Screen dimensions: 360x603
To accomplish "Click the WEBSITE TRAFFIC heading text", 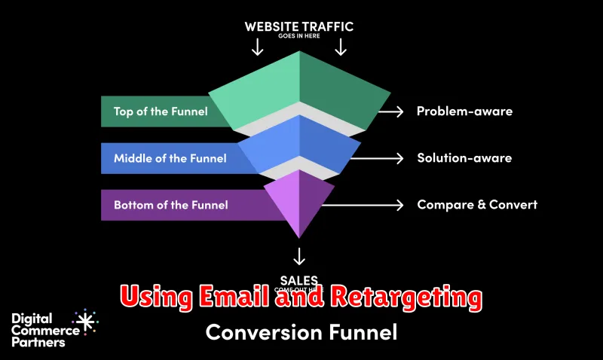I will click(x=299, y=26).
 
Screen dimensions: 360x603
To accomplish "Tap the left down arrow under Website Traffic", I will click(x=257, y=47).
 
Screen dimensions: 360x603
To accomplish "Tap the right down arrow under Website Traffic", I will click(x=341, y=47).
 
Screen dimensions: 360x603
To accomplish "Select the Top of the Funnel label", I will click(x=161, y=111).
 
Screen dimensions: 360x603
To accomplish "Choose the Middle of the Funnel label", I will click(x=169, y=158).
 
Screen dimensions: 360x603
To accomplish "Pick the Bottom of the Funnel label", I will click(x=170, y=204).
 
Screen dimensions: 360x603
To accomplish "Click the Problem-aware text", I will click(x=464, y=111).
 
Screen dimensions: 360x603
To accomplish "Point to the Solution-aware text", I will click(x=464, y=158).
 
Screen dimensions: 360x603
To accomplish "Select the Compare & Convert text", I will click(x=477, y=204).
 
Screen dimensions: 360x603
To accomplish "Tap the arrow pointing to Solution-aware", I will click(x=377, y=158).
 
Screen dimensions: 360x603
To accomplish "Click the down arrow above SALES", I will click(x=301, y=255).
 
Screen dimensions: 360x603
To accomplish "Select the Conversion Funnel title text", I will click(x=301, y=331).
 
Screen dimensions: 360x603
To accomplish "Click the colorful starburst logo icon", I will click(x=84, y=322).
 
